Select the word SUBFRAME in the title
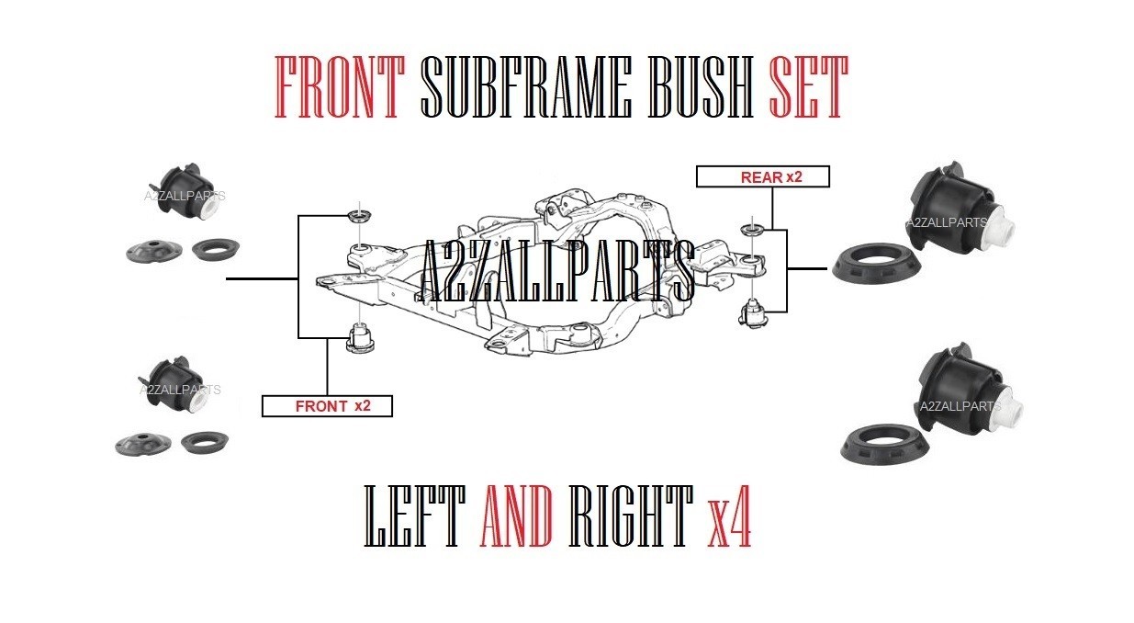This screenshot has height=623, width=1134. click(x=526, y=87)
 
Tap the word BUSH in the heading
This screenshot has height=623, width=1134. click(x=701, y=87)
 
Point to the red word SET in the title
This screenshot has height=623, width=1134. click(x=808, y=87)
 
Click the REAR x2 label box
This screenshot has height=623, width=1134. click(x=763, y=176)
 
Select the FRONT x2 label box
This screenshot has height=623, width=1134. click(x=327, y=406)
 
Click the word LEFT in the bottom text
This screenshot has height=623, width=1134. click(x=415, y=515)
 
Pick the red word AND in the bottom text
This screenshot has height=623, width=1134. click(x=516, y=515)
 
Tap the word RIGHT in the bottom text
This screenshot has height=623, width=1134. click(x=631, y=515)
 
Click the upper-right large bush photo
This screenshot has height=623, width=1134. click(x=960, y=207)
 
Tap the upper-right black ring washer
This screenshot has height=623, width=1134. click(x=876, y=264)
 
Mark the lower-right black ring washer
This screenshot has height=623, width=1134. click(x=885, y=444)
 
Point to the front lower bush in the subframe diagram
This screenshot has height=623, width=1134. click(x=360, y=338)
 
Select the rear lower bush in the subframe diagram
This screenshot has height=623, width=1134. click(x=754, y=314)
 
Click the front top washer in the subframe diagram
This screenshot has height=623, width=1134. click(x=360, y=216)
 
